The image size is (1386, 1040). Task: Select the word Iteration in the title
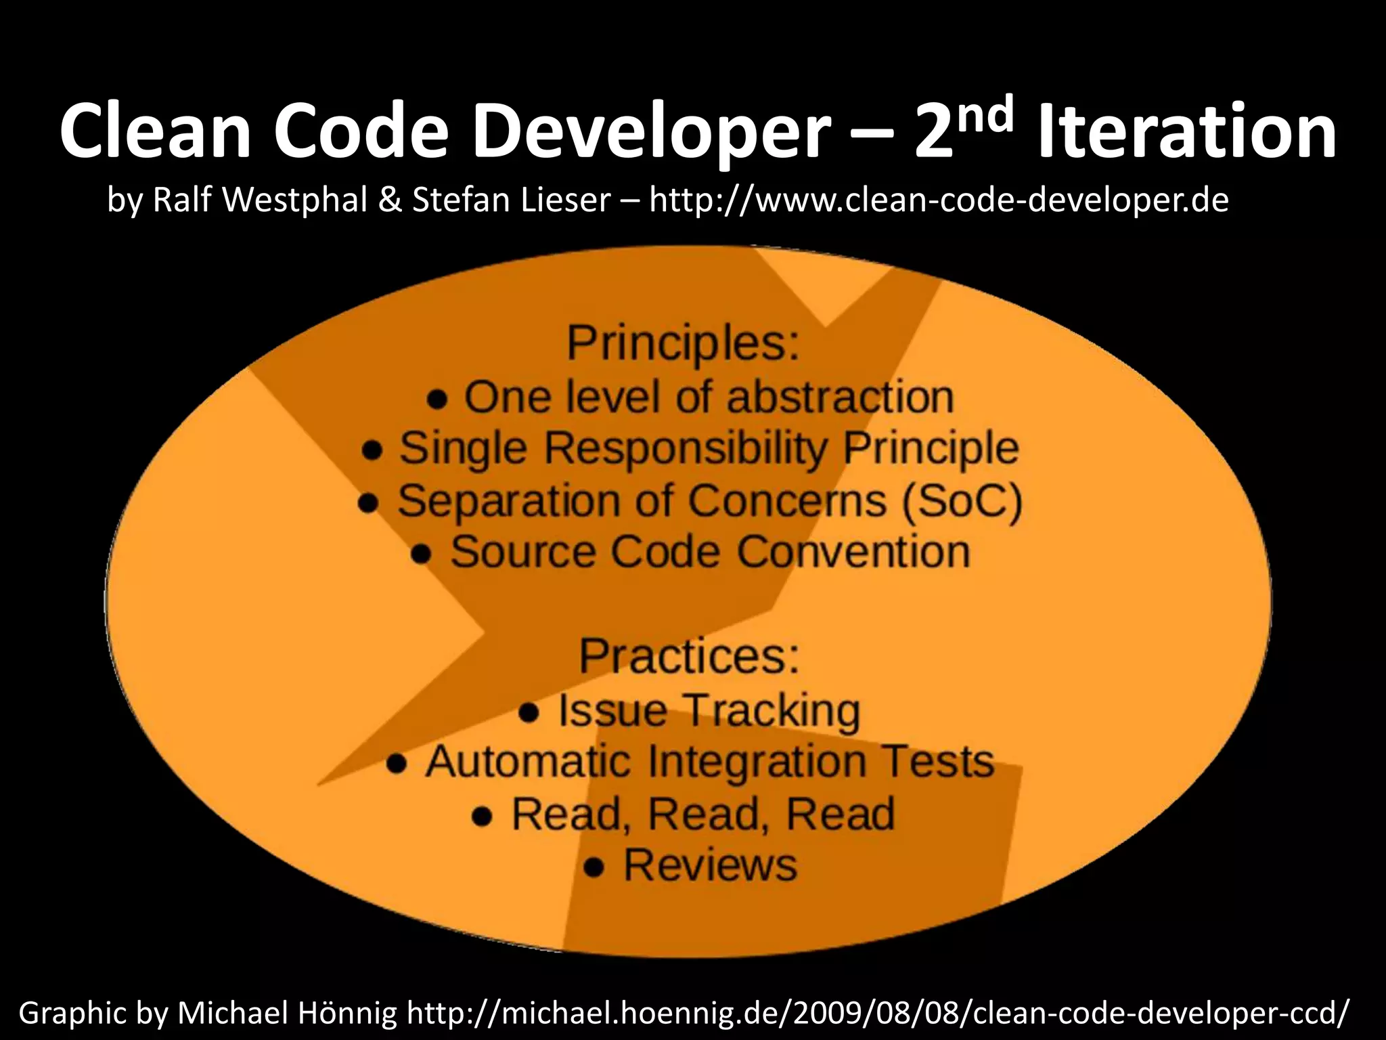point(1187,132)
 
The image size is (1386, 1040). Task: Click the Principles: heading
point(683,343)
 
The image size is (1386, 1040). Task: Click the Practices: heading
point(688,655)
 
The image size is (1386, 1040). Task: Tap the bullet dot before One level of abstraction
point(438,399)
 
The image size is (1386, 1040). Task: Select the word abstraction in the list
point(839,397)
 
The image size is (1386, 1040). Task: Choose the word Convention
point(853,552)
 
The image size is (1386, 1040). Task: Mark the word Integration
point(757,762)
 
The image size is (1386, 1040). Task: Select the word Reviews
point(710,865)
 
